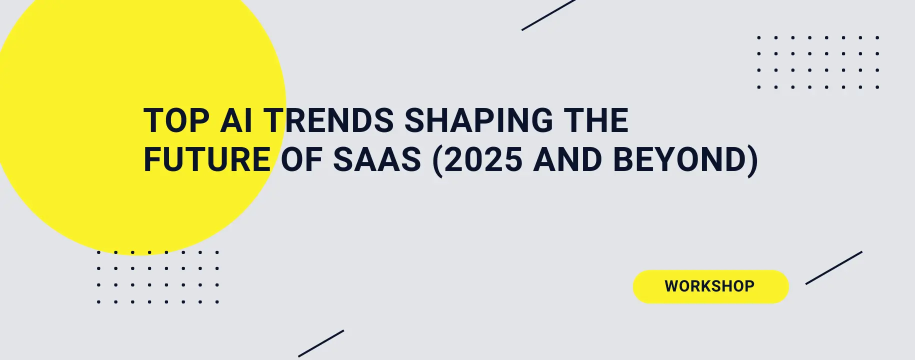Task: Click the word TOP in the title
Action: (176, 121)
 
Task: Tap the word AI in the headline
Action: (236, 121)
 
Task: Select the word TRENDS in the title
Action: (329, 121)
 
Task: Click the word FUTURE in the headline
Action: (207, 160)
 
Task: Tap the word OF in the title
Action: (301, 160)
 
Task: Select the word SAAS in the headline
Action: (377, 160)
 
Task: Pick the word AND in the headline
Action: (567, 160)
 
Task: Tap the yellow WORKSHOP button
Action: (710, 286)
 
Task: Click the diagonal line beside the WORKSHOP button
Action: (833, 268)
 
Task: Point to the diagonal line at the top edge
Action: (548, 15)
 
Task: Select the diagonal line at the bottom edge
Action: (321, 343)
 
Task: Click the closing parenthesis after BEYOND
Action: (752, 161)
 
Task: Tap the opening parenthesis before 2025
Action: (437, 161)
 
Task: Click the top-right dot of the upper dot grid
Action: (877, 37)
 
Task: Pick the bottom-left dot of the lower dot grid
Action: (99, 302)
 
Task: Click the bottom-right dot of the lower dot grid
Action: (217, 302)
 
